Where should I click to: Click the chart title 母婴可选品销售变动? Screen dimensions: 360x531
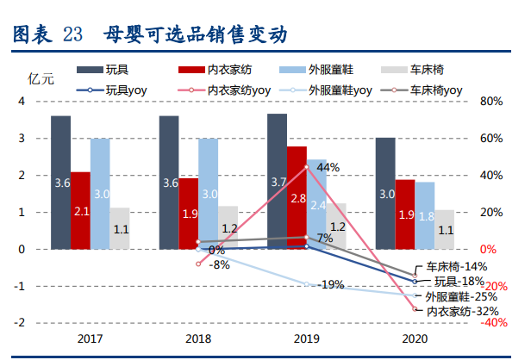point(195,35)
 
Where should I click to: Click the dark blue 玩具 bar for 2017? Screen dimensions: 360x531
point(60,183)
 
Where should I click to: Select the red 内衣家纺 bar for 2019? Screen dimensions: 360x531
point(297,198)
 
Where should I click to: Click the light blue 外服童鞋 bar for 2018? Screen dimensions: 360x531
point(209,194)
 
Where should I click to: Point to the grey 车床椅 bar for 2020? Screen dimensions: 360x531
point(444,229)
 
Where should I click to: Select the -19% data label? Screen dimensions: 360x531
point(330,284)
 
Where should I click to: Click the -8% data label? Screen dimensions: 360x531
point(219,265)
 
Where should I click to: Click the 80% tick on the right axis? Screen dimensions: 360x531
point(491,102)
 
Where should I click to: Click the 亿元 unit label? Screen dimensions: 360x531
point(41,78)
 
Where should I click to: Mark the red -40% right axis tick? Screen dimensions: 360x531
point(494,323)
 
